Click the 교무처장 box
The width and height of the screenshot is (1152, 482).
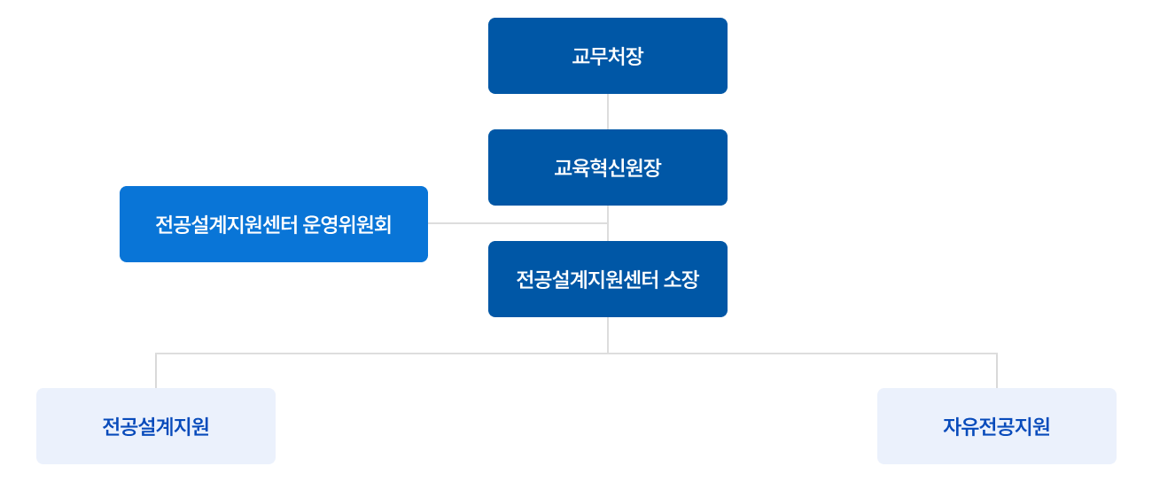point(607,56)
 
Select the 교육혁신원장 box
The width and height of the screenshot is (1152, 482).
point(607,167)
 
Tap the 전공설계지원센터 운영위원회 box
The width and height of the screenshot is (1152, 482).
point(273,224)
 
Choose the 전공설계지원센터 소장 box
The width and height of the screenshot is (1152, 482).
point(607,279)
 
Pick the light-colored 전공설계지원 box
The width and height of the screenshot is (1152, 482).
point(155,426)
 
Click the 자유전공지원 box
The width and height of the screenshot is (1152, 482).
point(996,426)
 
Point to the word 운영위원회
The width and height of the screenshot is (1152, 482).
point(346,224)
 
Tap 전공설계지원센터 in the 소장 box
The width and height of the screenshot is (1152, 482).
point(587,280)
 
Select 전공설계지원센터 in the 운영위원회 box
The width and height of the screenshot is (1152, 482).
point(226,224)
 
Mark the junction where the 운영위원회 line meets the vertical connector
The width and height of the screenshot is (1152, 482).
point(608,223)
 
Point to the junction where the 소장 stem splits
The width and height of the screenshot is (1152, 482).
point(608,354)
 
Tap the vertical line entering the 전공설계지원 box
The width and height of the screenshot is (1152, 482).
point(156,371)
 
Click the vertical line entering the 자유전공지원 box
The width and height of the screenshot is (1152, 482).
point(997,371)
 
